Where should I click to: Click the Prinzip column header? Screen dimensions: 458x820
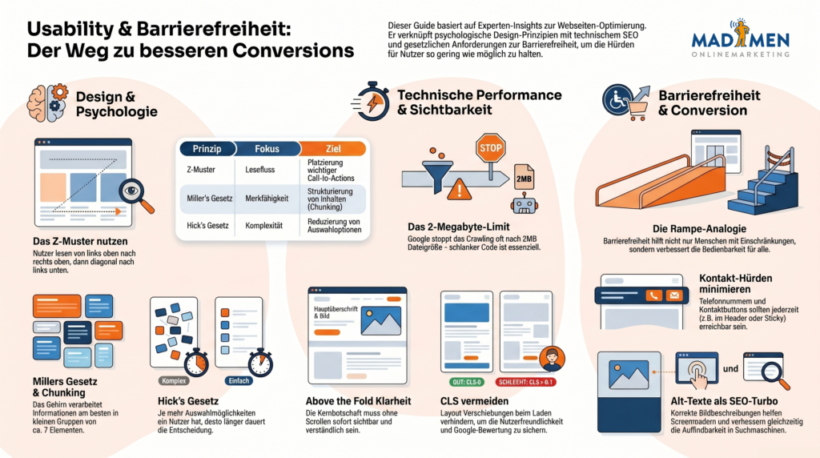point(207,148)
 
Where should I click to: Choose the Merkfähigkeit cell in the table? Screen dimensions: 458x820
point(267,198)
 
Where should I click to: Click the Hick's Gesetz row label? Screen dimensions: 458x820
point(207,226)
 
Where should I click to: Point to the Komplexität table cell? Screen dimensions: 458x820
point(267,226)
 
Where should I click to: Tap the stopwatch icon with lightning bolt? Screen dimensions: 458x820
point(370,102)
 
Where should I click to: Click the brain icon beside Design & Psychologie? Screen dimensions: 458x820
point(46,103)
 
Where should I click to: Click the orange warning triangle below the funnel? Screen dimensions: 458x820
point(460,190)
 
